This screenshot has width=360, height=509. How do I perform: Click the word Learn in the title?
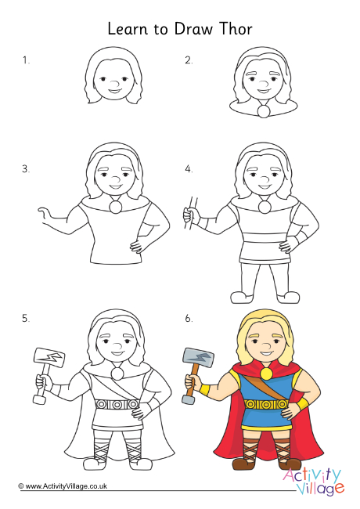point(128,29)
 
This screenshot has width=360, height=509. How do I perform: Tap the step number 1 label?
point(26,60)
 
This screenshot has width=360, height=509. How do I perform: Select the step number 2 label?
point(189,60)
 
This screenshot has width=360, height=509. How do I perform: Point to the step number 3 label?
point(26,168)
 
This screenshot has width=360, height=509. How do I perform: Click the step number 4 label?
point(189,168)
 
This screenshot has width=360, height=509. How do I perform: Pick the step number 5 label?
point(26,318)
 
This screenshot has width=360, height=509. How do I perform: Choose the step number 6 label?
point(189,318)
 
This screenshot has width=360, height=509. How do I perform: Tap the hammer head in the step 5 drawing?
point(48,358)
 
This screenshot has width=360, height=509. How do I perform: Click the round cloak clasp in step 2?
point(264,112)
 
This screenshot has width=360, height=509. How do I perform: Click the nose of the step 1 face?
point(114,82)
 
